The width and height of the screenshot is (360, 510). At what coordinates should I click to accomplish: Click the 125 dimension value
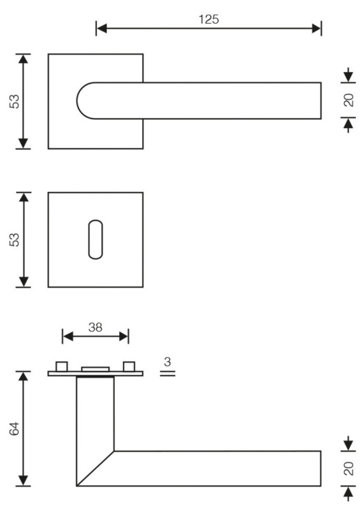point(208,19)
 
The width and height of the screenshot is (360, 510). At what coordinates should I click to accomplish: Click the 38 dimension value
point(96,327)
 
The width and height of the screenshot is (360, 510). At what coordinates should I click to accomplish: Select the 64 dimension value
point(15,428)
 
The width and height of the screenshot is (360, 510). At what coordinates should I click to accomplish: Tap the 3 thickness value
point(168,361)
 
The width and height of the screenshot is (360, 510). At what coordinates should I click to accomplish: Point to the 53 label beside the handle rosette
point(15,101)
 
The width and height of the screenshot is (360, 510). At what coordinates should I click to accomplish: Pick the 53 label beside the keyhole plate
point(15,240)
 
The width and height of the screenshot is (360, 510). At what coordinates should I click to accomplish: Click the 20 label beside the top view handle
point(349,100)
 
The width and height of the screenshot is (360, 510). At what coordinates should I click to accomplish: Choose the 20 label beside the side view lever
point(349,469)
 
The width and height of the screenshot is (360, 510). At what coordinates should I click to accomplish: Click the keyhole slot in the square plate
point(96,240)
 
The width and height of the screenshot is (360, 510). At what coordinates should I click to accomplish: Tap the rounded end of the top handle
point(85,101)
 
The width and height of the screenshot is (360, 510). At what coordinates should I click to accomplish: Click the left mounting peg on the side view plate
point(62,366)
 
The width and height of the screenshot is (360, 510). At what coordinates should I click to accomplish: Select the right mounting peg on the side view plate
point(129,366)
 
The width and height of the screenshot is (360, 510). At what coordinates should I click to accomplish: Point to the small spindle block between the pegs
point(96,369)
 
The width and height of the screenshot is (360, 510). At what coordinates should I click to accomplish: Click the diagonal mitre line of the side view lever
point(96,469)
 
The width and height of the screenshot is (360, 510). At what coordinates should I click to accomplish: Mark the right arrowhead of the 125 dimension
point(316,29)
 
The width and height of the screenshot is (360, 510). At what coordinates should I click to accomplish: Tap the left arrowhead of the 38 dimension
point(68,337)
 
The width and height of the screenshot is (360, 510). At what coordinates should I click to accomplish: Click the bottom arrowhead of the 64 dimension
point(23,481)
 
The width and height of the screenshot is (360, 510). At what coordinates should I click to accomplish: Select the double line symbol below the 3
point(168,374)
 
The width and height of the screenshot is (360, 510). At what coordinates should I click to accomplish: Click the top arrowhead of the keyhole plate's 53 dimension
point(24,198)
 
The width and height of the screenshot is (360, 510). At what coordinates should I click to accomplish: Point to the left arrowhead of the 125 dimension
point(101,29)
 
